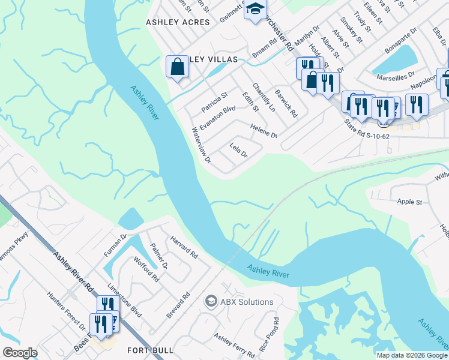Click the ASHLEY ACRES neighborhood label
click(x=178, y=22)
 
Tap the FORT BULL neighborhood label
click(x=150, y=350)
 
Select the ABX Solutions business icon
click(x=211, y=301)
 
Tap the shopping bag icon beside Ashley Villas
click(x=178, y=67)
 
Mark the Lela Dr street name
click(x=238, y=150)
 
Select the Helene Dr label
click(x=264, y=131)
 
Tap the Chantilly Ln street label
click(x=264, y=98)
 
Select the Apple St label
click(x=409, y=202)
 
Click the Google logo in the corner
click(x=20, y=352)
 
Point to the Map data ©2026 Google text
click(x=412, y=355)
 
